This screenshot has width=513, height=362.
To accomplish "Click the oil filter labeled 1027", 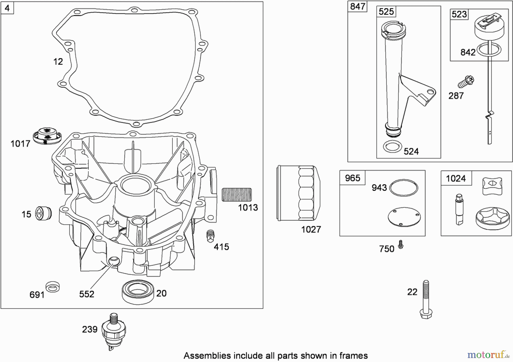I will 298,193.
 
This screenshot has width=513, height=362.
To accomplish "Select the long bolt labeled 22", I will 426,299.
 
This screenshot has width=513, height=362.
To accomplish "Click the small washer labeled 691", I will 53,287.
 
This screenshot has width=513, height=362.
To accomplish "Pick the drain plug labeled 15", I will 43,213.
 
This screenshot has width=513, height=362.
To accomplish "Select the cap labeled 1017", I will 47,136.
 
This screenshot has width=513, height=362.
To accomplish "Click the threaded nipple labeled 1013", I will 237,195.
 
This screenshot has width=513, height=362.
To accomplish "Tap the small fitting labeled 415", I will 210,236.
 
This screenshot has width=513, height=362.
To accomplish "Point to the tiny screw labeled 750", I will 401,244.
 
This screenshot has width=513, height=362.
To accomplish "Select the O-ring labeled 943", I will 404,188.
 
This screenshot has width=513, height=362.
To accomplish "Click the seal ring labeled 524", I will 392,147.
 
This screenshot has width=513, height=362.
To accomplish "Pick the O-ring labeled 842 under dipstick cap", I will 489,50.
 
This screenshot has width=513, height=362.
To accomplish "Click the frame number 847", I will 357,6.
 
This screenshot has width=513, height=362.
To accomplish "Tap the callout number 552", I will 87,294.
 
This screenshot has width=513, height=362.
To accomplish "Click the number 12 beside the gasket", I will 58,62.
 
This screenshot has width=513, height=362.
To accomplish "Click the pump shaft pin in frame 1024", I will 459,209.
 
